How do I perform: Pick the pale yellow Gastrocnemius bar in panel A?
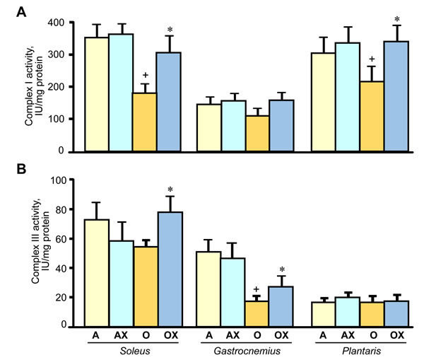(208, 127)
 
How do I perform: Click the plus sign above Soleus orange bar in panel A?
(144, 75)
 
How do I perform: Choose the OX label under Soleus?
(169, 335)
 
